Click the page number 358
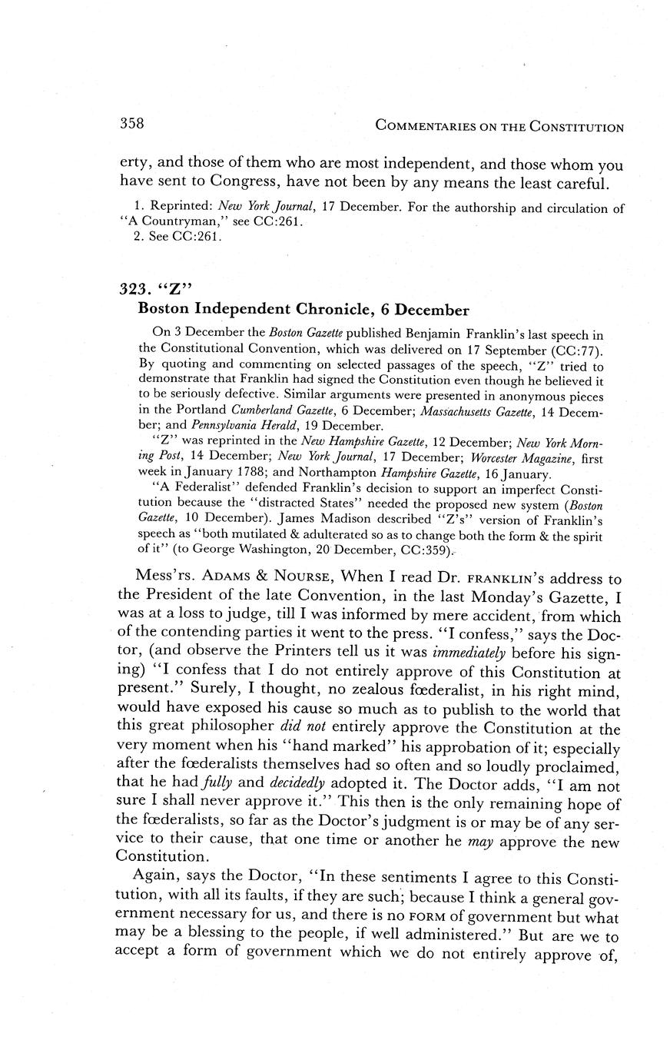pos(133,124)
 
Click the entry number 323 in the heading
pos(136,289)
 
